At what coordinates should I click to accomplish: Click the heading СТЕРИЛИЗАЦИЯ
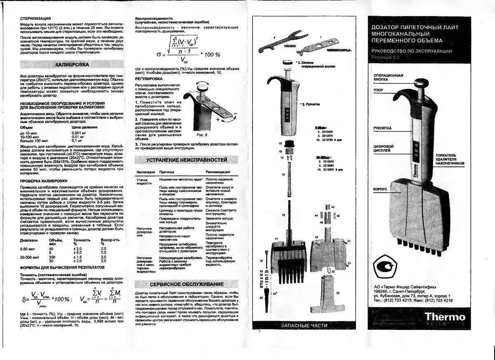point(35,18)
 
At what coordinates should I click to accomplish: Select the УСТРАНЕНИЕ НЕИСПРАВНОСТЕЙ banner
point(186,159)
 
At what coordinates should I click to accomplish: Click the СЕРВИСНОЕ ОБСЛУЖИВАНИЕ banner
point(186,284)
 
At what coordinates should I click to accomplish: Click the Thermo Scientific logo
point(445,319)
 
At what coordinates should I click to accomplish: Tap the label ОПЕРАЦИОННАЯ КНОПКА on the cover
point(388,78)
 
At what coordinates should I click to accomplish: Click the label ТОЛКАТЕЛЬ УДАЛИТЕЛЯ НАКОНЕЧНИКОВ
point(450,160)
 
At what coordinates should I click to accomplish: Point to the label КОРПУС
point(380,189)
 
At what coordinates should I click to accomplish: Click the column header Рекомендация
point(218,172)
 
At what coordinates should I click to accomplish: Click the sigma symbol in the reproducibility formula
point(159,54)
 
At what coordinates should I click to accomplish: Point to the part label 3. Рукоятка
point(312,104)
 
